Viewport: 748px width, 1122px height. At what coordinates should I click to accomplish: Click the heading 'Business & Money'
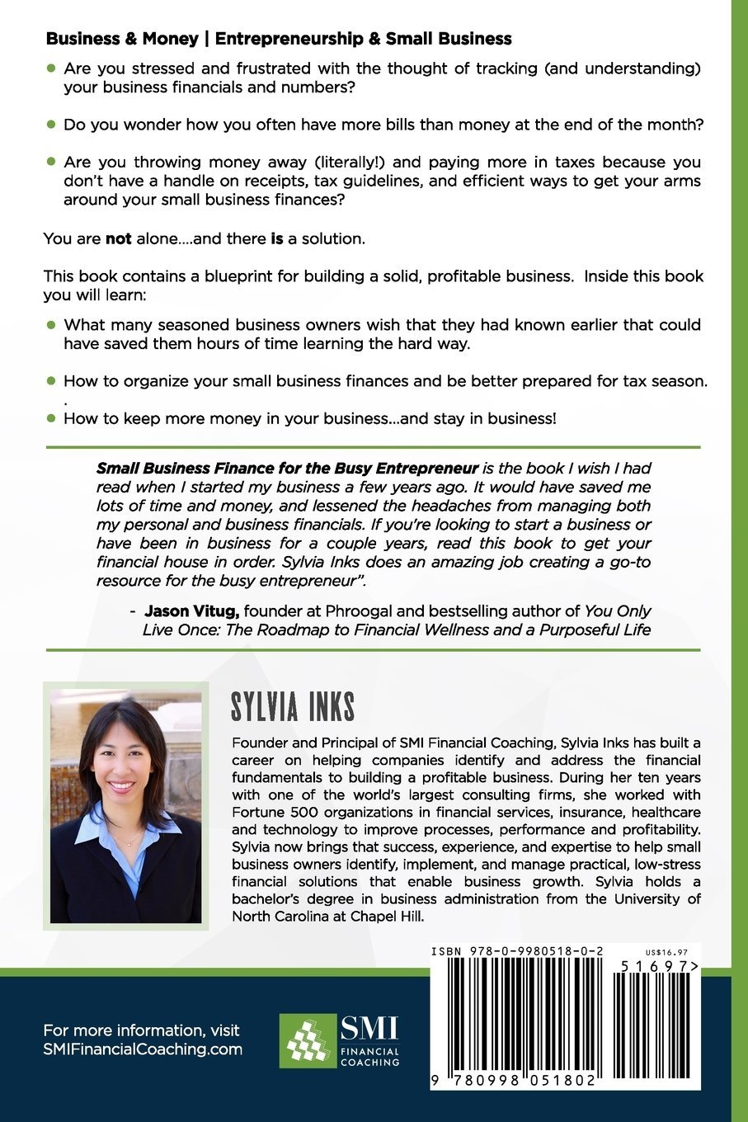tap(122, 39)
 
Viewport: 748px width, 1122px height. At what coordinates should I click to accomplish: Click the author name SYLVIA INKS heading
tap(293, 708)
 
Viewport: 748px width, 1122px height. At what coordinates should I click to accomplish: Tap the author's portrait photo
tap(126, 806)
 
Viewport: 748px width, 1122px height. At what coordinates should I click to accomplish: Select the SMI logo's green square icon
tap(308, 1040)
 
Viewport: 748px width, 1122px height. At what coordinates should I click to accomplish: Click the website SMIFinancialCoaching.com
tap(143, 1049)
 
